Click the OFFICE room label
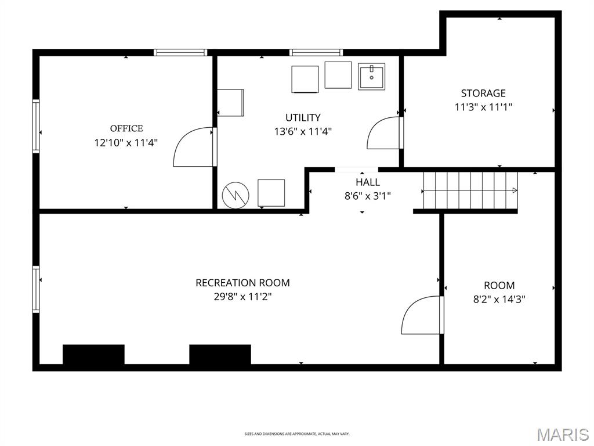tap(126, 128)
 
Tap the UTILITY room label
tap(303, 118)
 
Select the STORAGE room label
tap(483, 93)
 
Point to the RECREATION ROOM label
tap(242, 283)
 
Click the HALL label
tap(368, 182)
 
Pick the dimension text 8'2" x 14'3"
tap(499, 300)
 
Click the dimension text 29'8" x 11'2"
tap(242, 297)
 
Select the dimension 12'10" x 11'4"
tap(126, 142)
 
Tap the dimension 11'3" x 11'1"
tap(483, 107)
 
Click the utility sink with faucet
tap(371, 76)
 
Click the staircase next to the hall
tap(470, 190)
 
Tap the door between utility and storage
tap(385, 133)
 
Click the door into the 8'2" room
tap(422, 315)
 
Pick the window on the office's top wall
tap(180, 52)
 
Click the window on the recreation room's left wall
tap(36, 289)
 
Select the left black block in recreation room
tap(93, 354)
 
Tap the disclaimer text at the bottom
tap(297, 434)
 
